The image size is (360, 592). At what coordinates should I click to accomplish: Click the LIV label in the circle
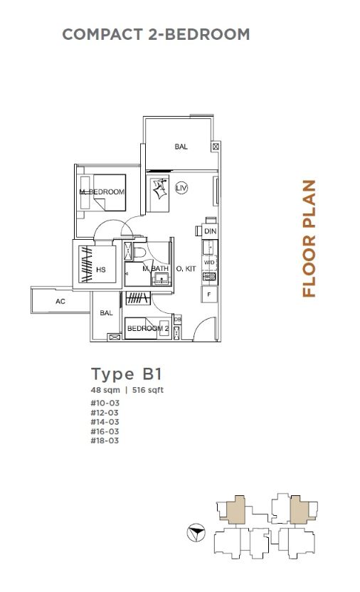pos(181,188)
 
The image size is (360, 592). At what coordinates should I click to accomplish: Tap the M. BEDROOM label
pos(102,192)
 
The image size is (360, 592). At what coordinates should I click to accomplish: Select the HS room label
pos(101,270)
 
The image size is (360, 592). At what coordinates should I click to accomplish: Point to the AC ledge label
pos(60,301)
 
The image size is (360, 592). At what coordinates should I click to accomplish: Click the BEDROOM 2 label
pos(148,329)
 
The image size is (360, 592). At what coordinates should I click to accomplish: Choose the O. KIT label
pos(186,269)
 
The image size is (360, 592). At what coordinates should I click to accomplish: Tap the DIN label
pos(210,231)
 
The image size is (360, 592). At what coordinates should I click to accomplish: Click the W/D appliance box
pos(209,263)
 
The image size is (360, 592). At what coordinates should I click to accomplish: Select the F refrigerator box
pos(209,295)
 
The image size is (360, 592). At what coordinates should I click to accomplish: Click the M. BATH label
pos(156,269)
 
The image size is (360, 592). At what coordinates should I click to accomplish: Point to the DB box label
pos(178,319)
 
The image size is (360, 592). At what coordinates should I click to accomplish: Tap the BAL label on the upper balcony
pos(181,147)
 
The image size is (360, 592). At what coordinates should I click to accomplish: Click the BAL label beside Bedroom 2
pos(107,312)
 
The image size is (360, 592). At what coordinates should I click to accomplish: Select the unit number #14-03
pos(105,422)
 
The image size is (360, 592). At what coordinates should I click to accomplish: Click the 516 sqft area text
pos(148,390)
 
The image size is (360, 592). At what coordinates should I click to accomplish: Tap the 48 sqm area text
pos(105,390)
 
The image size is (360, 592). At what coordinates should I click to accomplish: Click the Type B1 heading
pos(127,374)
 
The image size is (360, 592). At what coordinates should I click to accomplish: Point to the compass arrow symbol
pos(196,533)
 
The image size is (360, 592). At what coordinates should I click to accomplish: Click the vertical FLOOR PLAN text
pos(309,238)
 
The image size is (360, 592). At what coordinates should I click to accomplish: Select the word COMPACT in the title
pos(102,34)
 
